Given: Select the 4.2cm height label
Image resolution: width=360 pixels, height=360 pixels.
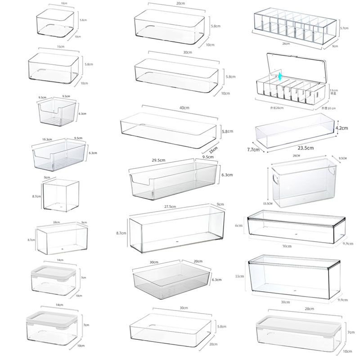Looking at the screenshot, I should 342,128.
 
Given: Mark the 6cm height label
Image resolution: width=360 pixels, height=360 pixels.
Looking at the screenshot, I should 241,225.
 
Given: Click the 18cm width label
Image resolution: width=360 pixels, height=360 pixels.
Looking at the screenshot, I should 57,222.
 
